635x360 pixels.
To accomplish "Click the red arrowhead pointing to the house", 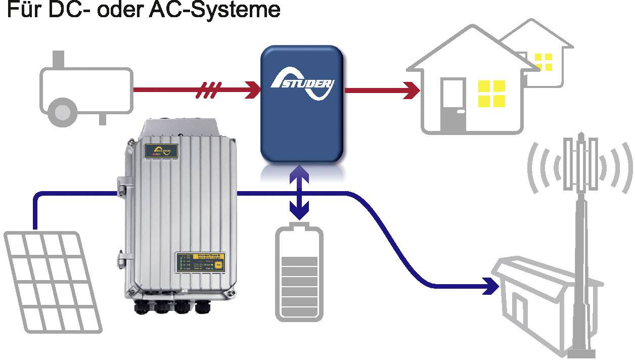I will [x=412, y=91].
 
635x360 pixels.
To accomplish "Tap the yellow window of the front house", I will [x=492, y=94].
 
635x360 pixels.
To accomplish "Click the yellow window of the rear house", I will [x=543, y=61].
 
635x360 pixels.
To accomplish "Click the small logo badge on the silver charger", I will [x=158, y=151].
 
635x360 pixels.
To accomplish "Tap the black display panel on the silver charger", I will [x=201, y=264].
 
